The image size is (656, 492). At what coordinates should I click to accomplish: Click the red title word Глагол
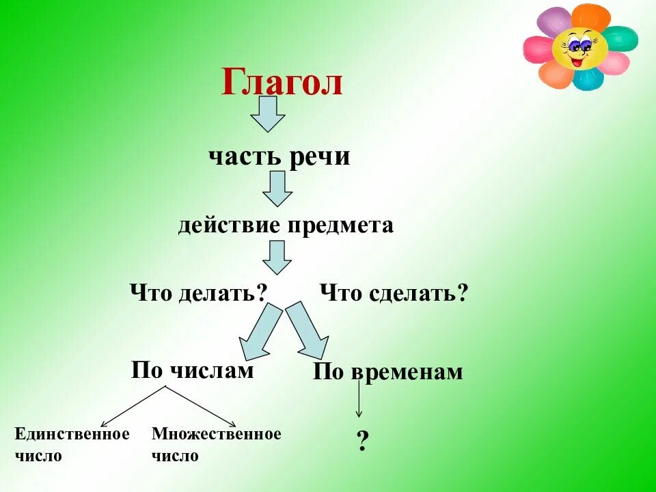(282, 83)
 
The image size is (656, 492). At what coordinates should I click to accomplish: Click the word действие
(228, 225)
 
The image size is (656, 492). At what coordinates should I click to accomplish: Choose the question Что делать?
(197, 294)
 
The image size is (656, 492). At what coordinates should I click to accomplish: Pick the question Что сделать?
(394, 294)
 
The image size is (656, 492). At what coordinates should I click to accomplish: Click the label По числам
(192, 370)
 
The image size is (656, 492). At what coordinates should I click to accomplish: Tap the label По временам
(388, 372)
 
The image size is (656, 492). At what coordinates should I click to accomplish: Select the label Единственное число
(71, 444)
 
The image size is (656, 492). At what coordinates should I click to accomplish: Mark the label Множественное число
(216, 444)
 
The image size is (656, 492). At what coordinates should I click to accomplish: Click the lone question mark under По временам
(362, 441)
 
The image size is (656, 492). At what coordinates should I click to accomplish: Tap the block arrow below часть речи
(277, 188)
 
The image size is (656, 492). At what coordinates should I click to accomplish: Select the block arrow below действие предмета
(277, 257)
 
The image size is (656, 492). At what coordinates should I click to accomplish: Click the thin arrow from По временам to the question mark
(359, 400)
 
